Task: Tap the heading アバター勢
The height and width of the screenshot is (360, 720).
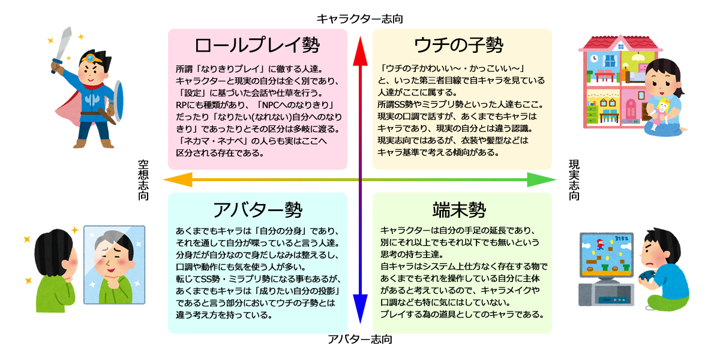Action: point(257,209)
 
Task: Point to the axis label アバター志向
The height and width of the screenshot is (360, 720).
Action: point(360,340)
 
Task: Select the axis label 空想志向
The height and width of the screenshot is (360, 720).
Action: point(143,179)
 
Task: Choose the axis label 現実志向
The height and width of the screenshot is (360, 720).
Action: point(574,179)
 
